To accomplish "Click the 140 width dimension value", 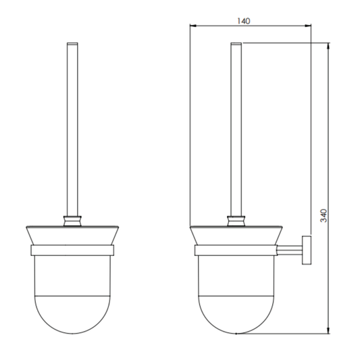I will click(244, 20).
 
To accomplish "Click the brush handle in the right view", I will click(236, 128).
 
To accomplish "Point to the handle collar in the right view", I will click(236, 219).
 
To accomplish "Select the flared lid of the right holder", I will click(236, 234).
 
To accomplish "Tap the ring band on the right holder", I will click(236, 251).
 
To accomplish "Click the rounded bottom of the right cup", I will click(236, 317).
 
